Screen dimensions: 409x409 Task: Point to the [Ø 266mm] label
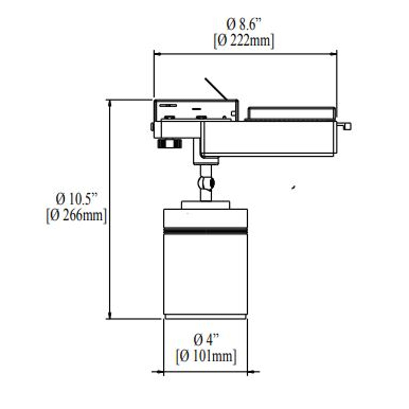76,216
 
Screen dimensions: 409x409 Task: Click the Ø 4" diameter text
206,340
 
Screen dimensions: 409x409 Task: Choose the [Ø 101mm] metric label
206,356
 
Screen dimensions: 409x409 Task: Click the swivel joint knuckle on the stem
206,183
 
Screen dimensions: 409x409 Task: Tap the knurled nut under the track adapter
170,143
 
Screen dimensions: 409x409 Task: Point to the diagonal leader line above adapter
216,89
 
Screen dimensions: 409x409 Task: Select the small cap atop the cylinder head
205,205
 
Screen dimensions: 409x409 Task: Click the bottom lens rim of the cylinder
205,317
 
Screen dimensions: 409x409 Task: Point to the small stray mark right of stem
294,187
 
